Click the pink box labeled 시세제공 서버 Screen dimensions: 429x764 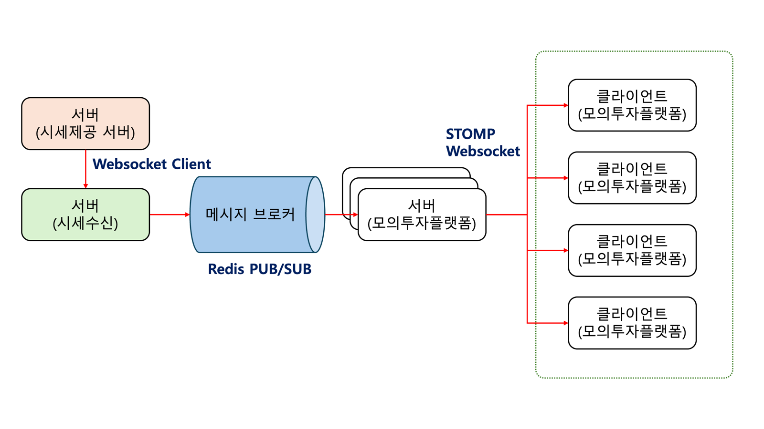click(85, 123)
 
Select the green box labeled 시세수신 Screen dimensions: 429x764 click(85, 214)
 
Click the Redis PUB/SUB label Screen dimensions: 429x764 click(259, 269)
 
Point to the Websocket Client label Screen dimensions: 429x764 click(151, 164)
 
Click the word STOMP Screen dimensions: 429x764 click(470, 134)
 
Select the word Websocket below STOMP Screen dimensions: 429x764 click(483, 152)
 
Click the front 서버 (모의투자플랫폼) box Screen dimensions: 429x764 click(422, 214)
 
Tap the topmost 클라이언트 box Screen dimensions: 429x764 click(632, 105)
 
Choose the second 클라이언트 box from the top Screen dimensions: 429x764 click(632, 178)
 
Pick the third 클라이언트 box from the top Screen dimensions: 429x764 click(632, 250)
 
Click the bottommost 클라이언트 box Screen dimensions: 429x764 click(632, 323)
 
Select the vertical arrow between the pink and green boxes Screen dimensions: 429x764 click(85, 169)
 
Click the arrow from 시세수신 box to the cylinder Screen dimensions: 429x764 click(169, 214)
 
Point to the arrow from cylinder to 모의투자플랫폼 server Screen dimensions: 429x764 click(340, 214)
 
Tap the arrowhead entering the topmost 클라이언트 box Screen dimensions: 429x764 click(565, 105)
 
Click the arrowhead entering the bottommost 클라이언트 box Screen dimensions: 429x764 click(565, 323)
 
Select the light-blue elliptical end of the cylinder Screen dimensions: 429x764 click(315, 214)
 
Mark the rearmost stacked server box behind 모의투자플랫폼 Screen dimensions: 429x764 click(406, 172)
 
